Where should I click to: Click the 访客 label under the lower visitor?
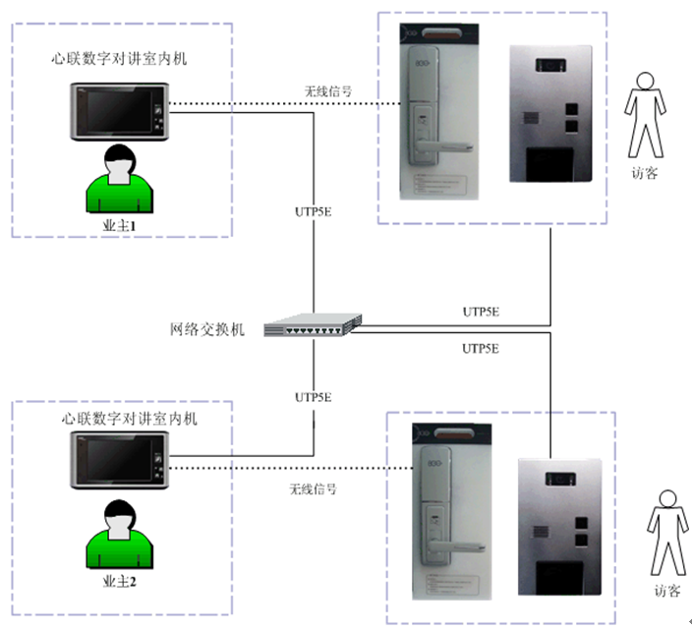(666, 592)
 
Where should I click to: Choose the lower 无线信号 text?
(313, 488)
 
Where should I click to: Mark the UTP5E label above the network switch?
(314, 210)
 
